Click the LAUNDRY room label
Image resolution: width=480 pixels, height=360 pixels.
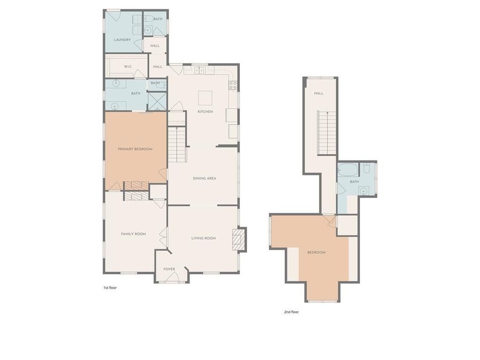pos(122,40)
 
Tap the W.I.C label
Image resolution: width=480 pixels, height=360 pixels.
pos(128,67)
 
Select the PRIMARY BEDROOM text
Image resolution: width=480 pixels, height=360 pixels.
pos(135,149)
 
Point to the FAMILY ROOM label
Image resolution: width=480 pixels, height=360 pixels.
pos(133,234)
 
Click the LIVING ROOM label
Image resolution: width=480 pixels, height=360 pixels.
pos(203,238)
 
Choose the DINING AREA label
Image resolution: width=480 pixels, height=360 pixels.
pos(203,178)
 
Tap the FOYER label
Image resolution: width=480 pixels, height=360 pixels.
pos(169,269)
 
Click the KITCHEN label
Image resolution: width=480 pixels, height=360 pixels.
pos(205,111)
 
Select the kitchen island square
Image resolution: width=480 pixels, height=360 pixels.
pos(205,98)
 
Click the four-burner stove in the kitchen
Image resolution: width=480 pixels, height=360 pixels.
pos(233,85)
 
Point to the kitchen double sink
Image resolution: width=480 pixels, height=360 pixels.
pos(199,70)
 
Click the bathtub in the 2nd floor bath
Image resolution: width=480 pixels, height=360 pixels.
pos(348,170)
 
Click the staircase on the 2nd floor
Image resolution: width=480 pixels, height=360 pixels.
pos(327,132)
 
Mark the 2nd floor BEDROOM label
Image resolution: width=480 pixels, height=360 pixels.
pos(316,252)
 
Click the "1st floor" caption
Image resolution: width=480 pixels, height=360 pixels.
pos(110,288)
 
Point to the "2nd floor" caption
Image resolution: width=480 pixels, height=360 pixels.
pos(291,312)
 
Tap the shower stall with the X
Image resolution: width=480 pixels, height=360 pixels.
pos(157,101)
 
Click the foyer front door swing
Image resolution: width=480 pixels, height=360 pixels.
pos(172,276)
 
